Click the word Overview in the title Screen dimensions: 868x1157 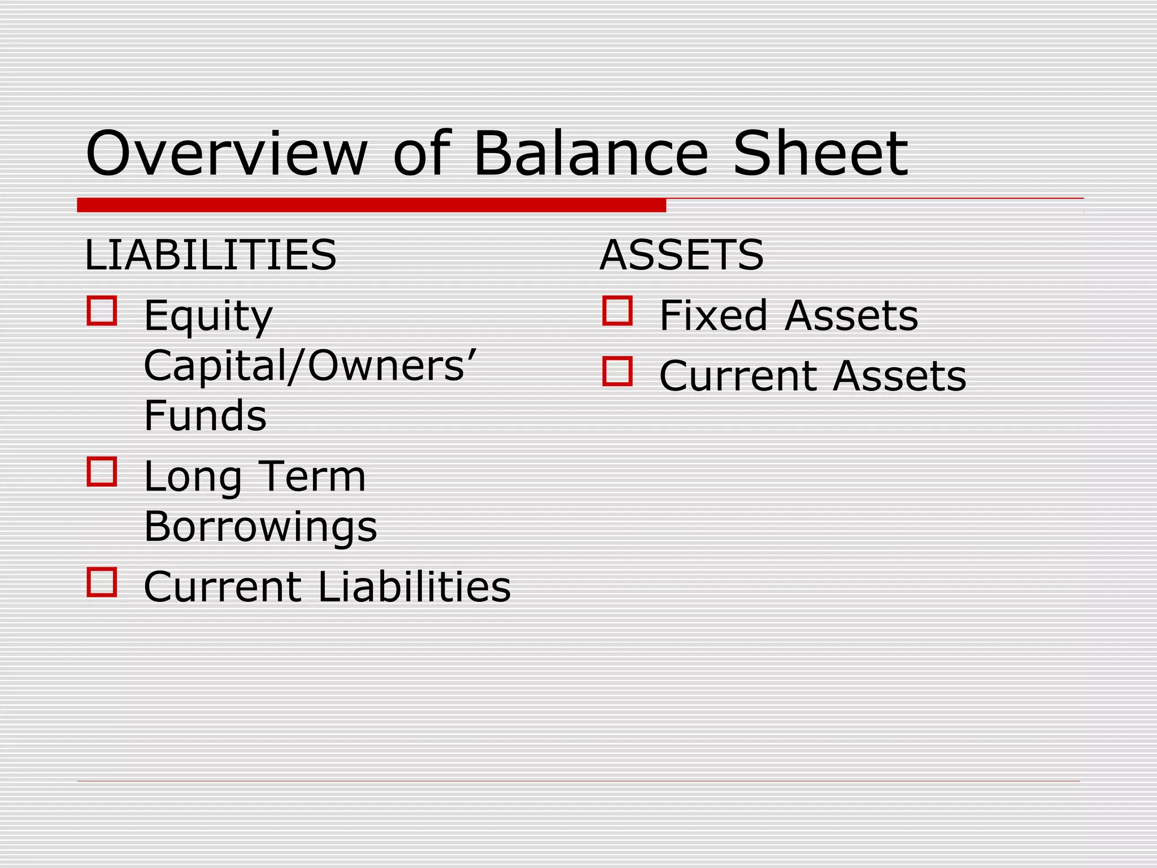coord(226,154)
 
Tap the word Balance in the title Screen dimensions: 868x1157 coord(590,154)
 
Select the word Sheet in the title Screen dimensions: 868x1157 coord(820,154)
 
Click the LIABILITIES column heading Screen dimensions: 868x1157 coord(210,255)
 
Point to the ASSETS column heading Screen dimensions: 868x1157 coord(681,255)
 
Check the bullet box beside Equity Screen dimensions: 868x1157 coord(102,311)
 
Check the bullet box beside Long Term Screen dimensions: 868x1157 coord(102,472)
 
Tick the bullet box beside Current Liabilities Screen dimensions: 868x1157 coord(102,582)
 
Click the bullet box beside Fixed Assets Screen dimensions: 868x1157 coord(617,311)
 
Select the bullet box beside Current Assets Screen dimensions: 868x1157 coord(617,371)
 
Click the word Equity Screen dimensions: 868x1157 coord(208,316)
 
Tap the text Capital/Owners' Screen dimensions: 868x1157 coord(310,366)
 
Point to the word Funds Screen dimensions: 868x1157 coord(205,416)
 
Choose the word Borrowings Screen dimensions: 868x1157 coord(260,527)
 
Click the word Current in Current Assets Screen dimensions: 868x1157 coord(737,376)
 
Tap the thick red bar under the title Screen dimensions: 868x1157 coord(371,205)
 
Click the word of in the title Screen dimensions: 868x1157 coord(421,154)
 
